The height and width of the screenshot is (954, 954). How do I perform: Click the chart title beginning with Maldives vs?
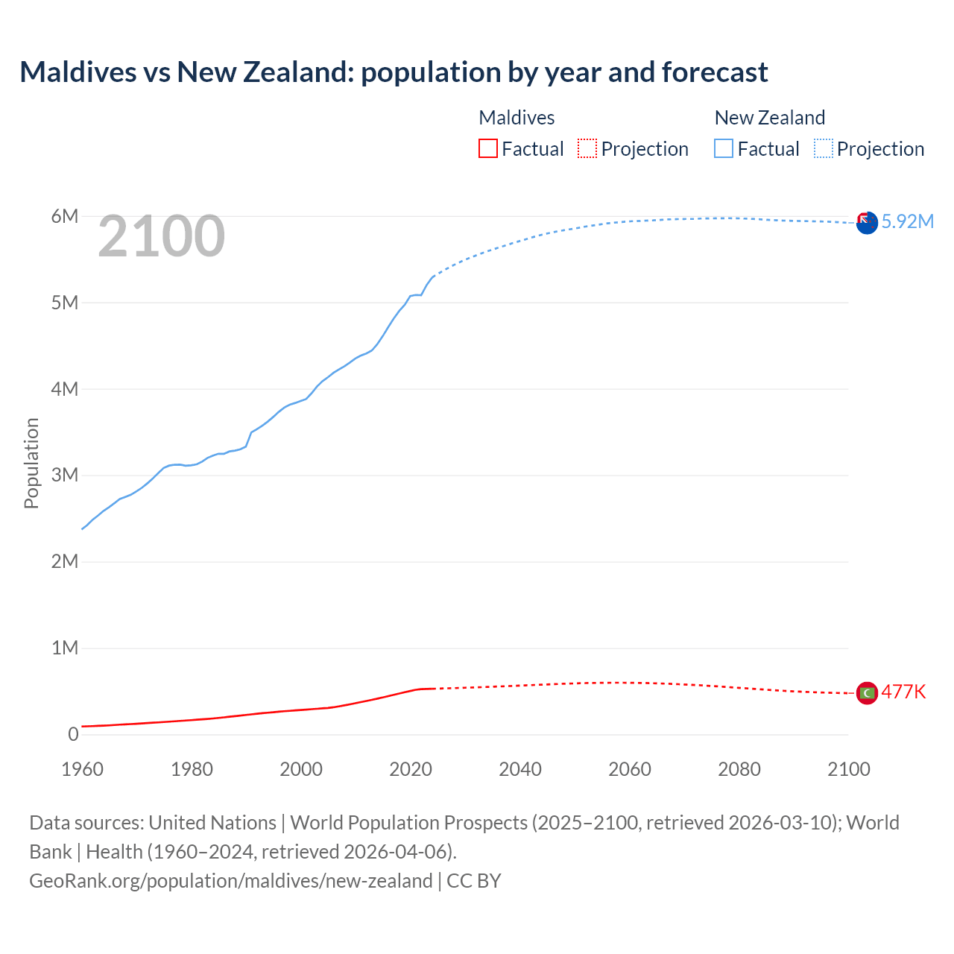click(x=394, y=72)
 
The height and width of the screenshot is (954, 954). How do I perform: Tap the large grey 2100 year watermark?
click(x=161, y=236)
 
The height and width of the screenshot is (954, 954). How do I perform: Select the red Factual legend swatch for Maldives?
click(x=487, y=148)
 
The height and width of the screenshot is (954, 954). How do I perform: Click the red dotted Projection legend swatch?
click(x=587, y=148)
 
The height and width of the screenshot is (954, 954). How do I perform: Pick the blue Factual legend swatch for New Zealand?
click(x=724, y=148)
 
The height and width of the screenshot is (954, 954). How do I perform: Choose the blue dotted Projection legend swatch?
click(x=823, y=148)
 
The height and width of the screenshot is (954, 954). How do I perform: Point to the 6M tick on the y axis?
click(x=65, y=216)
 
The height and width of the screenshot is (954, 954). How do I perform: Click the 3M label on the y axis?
click(x=65, y=475)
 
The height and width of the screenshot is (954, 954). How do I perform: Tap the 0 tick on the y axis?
click(x=73, y=734)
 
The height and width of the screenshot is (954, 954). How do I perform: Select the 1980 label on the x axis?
click(x=192, y=769)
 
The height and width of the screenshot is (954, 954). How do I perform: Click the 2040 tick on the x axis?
click(x=520, y=769)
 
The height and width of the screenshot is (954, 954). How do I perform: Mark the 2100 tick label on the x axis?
click(x=848, y=769)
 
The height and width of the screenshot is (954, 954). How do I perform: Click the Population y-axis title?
click(x=31, y=463)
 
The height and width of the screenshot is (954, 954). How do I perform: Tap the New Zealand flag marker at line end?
click(x=867, y=223)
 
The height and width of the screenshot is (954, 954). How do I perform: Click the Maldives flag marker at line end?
click(x=867, y=693)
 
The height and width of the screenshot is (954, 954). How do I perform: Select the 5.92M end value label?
click(x=907, y=221)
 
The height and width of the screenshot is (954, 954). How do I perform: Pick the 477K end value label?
click(x=903, y=692)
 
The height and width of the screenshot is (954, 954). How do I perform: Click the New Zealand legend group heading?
click(x=769, y=118)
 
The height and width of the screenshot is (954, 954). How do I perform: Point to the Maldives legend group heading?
click(x=517, y=118)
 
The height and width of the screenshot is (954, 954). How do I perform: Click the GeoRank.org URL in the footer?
click(x=230, y=880)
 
